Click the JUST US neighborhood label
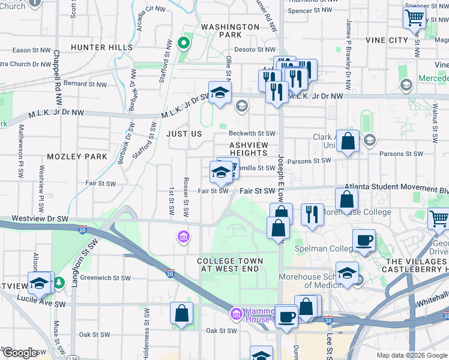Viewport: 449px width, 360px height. (184, 134)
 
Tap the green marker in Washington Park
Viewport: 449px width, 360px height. (185, 43)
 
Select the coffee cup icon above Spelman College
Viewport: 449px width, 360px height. (364, 240)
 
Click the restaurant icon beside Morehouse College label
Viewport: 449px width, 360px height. (312, 214)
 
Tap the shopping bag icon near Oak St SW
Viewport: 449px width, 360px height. (181, 313)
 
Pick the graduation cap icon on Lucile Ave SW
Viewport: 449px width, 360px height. (39, 283)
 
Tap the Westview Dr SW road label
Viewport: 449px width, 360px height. (36, 218)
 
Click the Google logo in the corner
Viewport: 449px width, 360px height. (20, 353)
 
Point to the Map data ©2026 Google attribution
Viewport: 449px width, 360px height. (411, 355)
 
